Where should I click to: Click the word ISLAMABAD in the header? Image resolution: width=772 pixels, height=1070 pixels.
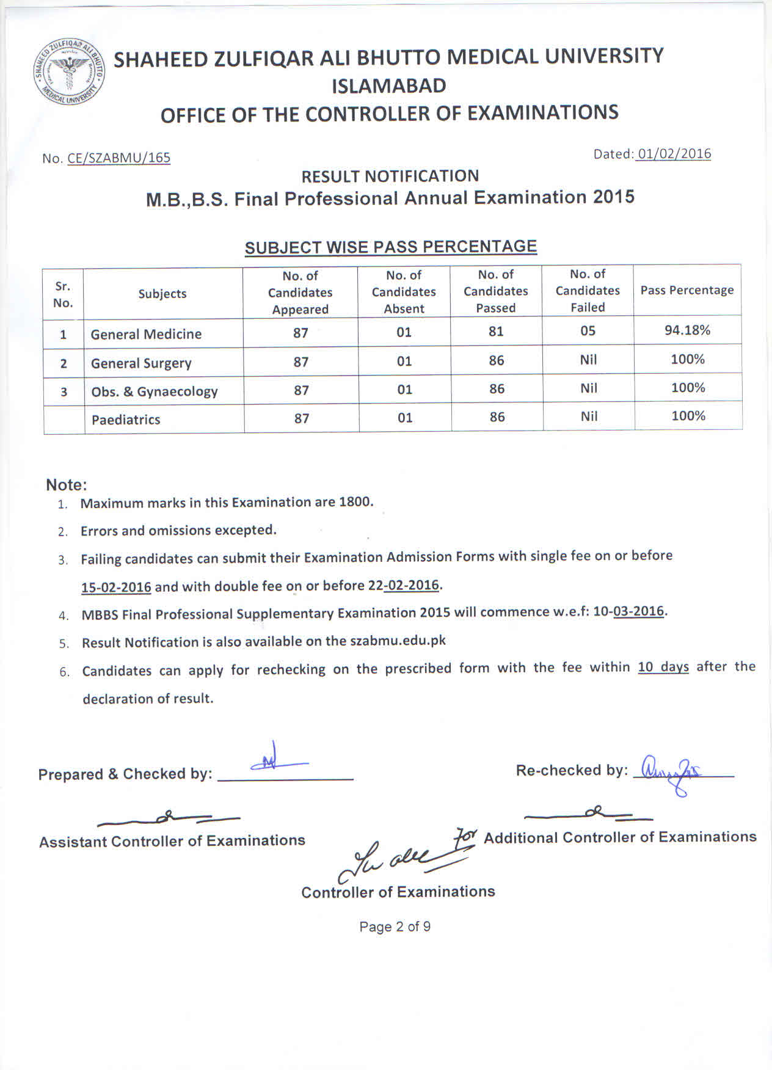pyautogui.click(x=388, y=86)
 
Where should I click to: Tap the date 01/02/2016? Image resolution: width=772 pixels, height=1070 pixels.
pyautogui.click(x=674, y=153)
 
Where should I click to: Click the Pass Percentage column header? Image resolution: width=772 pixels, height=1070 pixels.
pyautogui.click(x=686, y=290)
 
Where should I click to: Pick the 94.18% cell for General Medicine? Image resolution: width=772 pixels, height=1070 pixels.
pyautogui.click(x=687, y=330)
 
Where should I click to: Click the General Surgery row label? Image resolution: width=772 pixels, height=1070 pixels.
pyautogui.click(x=141, y=363)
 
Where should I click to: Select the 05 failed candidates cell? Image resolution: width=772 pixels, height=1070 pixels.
pyautogui.click(x=588, y=331)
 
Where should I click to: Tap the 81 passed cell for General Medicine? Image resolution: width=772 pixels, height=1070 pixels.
pyautogui.click(x=496, y=331)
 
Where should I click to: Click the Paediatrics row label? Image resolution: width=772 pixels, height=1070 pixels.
pyautogui.click(x=126, y=420)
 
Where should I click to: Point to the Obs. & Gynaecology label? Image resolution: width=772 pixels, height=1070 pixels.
pyautogui.click(x=155, y=391)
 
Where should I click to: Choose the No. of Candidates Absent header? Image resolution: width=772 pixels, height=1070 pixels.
pyautogui.click(x=404, y=292)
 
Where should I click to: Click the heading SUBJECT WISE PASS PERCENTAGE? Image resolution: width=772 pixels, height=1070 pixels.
pyautogui.click(x=390, y=247)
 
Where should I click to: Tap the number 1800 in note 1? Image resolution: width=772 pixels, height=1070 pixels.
pyautogui.click(x=355, y=502)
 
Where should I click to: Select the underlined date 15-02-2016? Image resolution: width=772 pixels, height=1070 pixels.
pyautogui.click(x=116, y=587)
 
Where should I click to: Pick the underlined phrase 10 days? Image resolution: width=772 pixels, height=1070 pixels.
pyautogui.click(x=663, y=667)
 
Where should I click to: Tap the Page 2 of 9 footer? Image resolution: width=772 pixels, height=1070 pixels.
pyautogui.click(x=395, y=926)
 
